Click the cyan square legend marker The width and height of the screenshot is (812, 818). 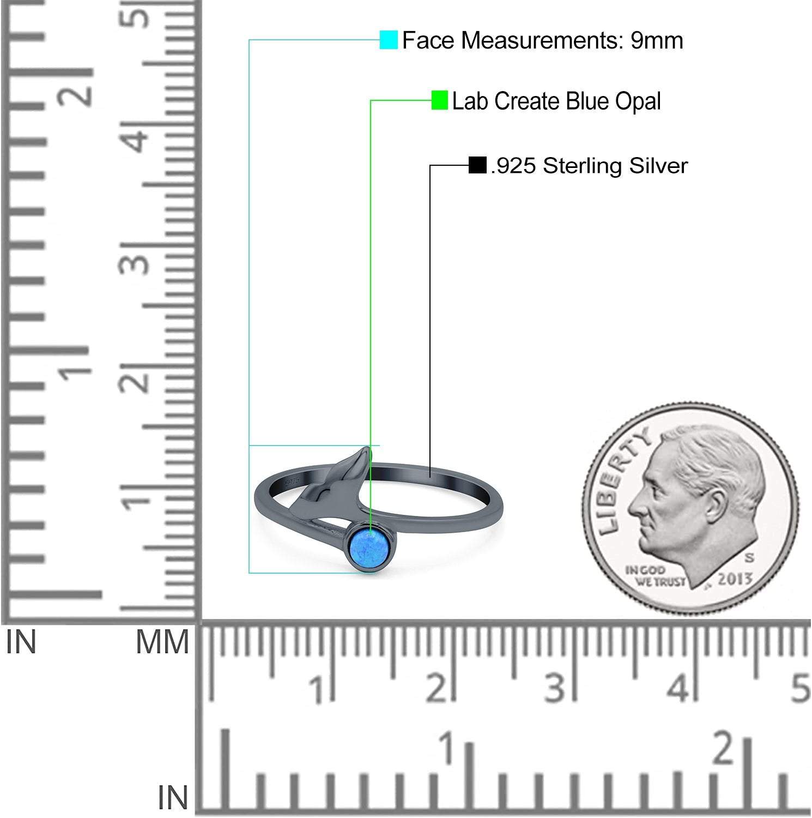pyautogui.click(x=389, y=40)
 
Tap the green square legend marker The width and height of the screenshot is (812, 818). pyautogui.click(x=439, y=100)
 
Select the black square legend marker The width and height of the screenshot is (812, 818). pyautogui.click(x=477, y=165)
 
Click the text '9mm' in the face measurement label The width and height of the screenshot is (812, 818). pyautogui.click(x=657, y=40)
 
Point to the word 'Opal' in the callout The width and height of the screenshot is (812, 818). pyautogui.click(x=638, y=101)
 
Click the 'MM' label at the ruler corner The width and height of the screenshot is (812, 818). pyautogui.click(x=162, y=642)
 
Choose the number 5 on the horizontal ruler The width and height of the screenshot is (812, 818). pyautogui.click(x=800, y=688)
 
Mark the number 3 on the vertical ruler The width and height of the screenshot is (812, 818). pyautogui.click(x=139, y=261)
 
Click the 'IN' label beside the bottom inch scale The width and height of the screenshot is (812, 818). pyautogui.click(x=173, y=798)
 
